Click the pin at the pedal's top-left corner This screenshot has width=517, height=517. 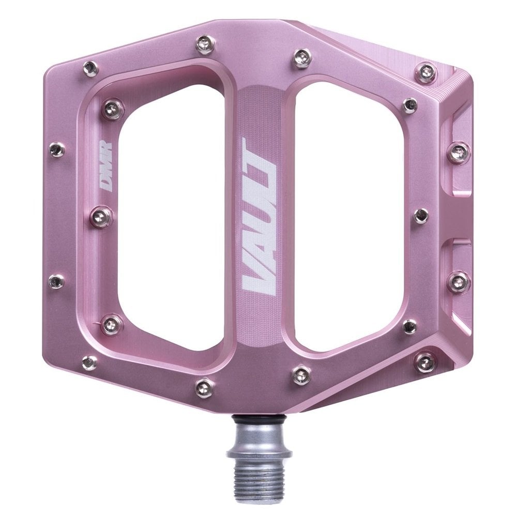[91, 67]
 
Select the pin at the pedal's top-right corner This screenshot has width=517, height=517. [426, 72]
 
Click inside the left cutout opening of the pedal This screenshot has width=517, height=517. [171, 217]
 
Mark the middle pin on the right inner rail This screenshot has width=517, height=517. [420, 216]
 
